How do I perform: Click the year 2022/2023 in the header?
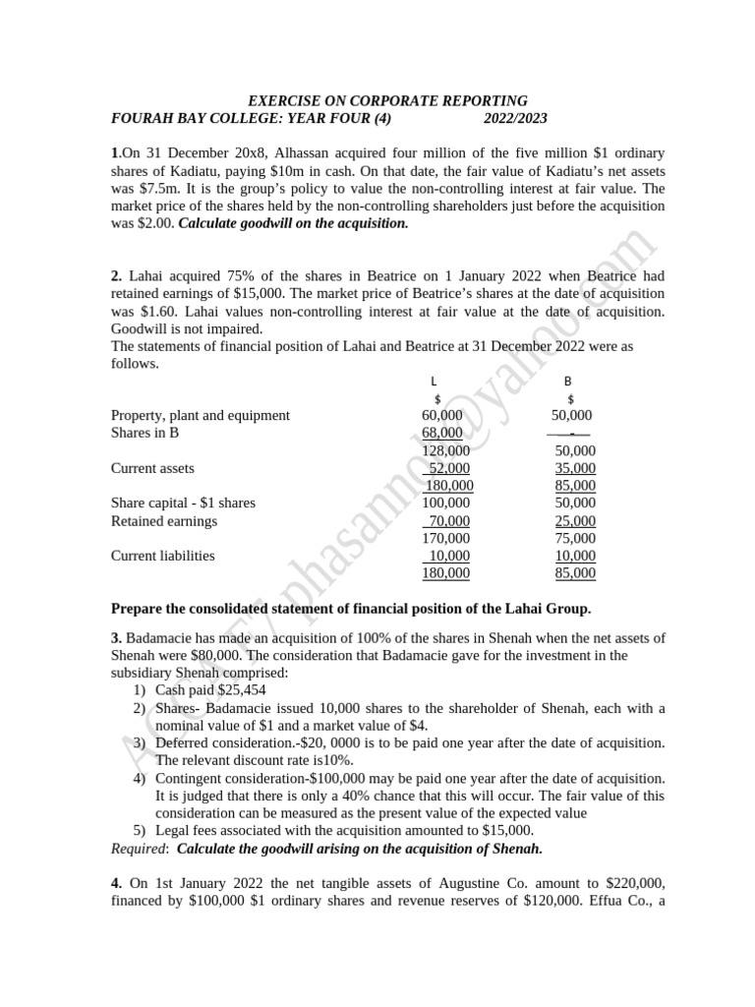click(x=515, y=119)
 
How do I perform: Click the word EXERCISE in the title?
click(x=280, y=101)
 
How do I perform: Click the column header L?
click(x=435, y=381)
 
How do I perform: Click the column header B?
click(x=567, y=381)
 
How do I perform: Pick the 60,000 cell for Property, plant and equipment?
click(x=442, y=416)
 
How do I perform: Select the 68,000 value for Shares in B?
click(x=442, y=433)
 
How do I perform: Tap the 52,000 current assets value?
click(x=449, y=468)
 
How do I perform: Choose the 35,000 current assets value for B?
click(x=575, y=468)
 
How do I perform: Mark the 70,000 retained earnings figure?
click(x=449, y=521)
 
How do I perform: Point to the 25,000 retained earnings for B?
click(x=575, y=521)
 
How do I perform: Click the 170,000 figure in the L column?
click(x=446, y=539)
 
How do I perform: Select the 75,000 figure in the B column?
click(x=575, y=539)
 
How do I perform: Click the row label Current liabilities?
click(x=163, y=556)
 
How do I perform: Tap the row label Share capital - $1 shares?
click(x=183, y=503)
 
